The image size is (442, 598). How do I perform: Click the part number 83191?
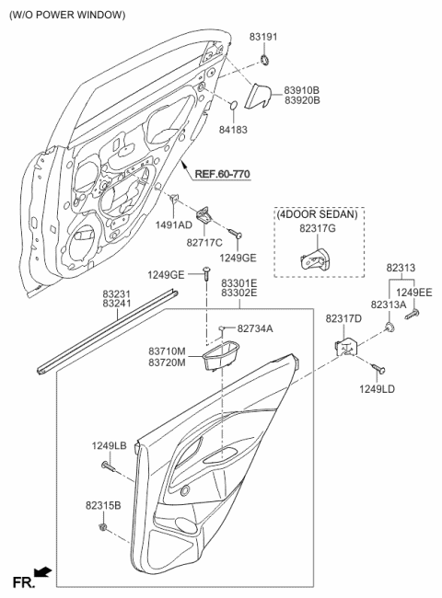coord(264,37)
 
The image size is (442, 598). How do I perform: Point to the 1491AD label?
coord(173,224)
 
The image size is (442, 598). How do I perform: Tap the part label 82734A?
coord(256,328)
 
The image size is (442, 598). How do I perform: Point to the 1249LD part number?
coord(378,390)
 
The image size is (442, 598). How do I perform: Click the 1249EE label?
coord(414,292)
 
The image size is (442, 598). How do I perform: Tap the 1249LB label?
coord(109,446)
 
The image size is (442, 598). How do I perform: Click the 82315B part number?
coord(104,506)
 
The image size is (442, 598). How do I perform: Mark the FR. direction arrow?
coord(41,573)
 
